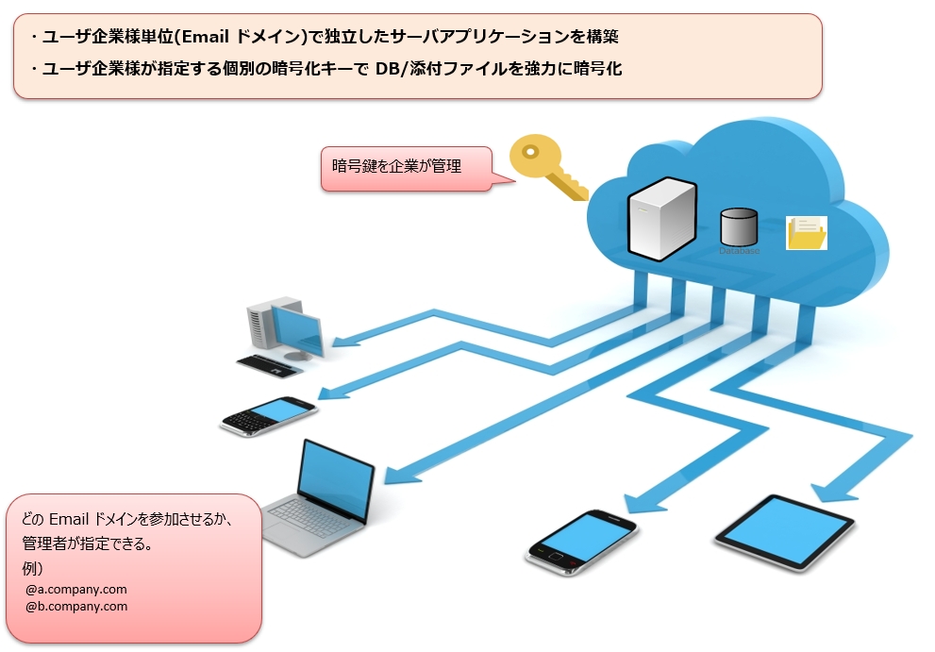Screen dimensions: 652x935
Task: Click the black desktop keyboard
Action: point(269,362)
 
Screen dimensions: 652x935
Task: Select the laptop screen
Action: point(337,480)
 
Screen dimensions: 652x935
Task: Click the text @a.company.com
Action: point(76,590)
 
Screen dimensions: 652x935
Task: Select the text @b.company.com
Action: point(76,607)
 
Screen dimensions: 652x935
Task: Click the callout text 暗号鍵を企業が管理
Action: point(396,167)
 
